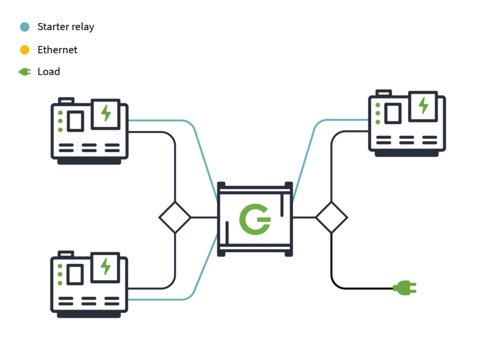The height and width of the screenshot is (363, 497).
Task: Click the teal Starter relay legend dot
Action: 25,27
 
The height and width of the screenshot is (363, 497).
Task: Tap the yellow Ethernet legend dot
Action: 25,50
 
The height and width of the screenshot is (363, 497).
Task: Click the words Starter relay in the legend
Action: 66,27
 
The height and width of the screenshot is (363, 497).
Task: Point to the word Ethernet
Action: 58,50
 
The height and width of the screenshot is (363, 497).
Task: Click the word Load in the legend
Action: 49,72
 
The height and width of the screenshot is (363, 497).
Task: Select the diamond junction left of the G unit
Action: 175,217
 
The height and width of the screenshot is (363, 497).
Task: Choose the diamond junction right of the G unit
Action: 331,217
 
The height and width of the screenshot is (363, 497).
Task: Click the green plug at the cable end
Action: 404,288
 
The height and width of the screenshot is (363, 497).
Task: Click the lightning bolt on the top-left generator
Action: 106,113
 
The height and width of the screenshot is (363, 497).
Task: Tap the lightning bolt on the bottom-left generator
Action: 106,267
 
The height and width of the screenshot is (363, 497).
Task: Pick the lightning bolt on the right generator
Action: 423,105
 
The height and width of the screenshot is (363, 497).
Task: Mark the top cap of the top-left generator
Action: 66,101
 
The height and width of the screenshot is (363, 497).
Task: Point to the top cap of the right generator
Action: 384,93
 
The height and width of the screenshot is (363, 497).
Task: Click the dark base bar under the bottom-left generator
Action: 89,315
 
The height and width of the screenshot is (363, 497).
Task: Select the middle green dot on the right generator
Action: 378,113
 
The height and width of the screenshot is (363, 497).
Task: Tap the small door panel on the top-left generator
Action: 76,121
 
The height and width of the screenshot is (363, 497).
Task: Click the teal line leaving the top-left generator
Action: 157,120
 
